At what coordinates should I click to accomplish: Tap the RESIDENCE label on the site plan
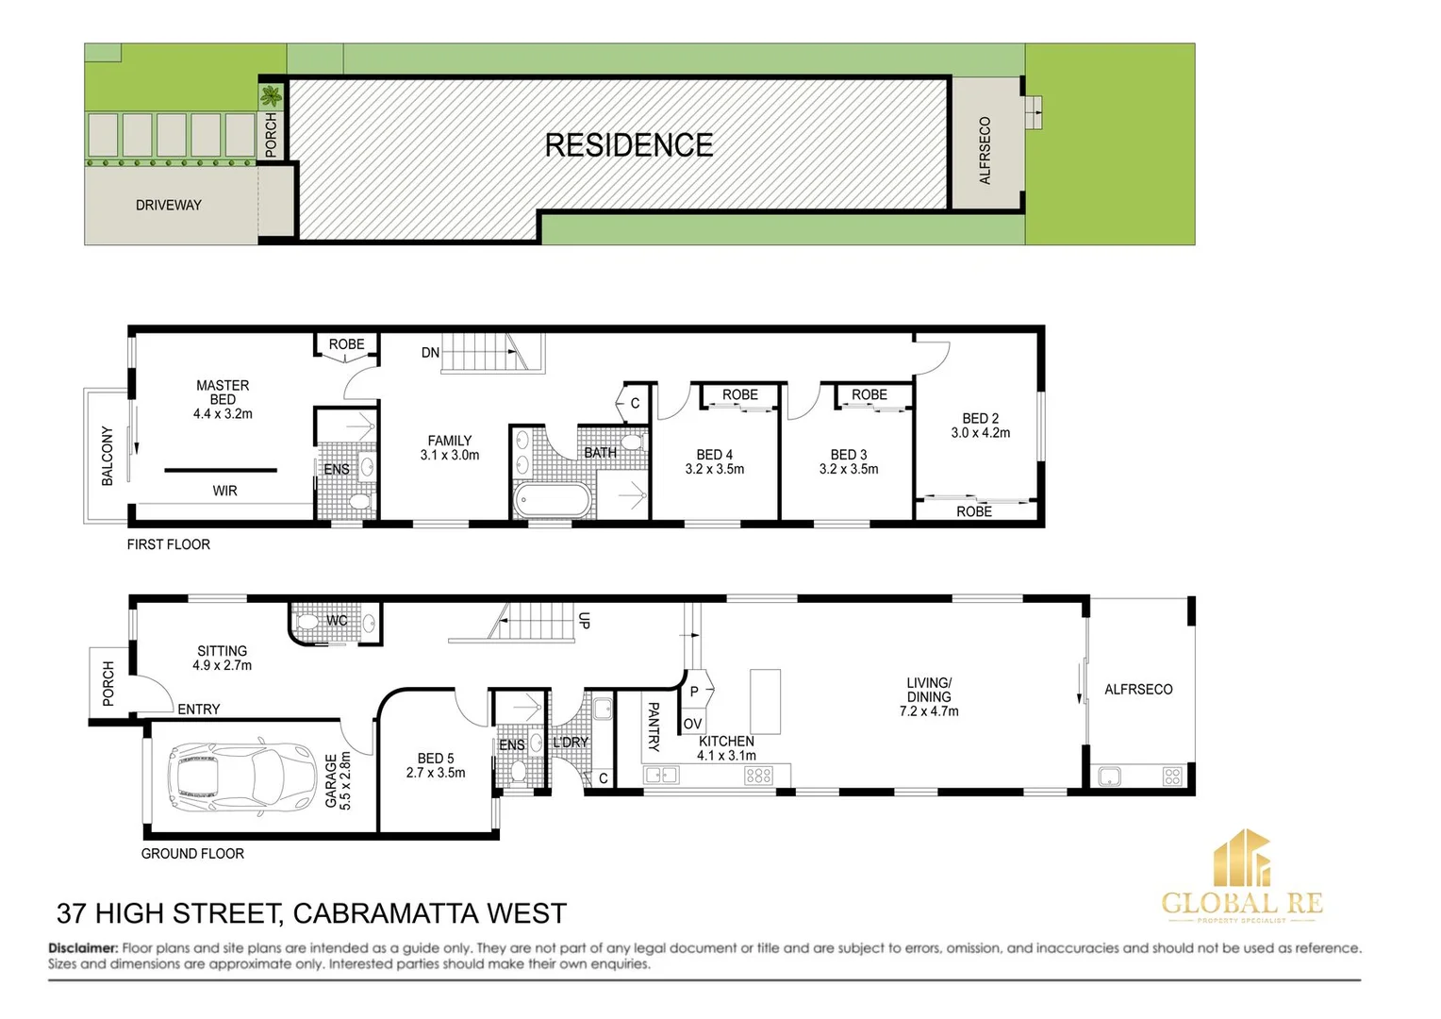[x=629, y=145]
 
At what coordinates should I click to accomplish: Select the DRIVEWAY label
[x=169, y=205]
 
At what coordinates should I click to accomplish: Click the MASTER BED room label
[x=223, y=393]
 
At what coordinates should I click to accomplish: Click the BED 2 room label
[x=980, y=418]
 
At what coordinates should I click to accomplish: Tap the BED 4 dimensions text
[x=715, y=469]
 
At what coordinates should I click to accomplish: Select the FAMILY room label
[x=450, y=441]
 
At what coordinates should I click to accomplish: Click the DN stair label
[x=430, y=353]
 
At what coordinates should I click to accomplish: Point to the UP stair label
[x=584, y=620]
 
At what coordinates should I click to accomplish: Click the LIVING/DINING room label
[x=929, y=690]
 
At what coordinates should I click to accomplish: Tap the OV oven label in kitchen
[x=693, y=724]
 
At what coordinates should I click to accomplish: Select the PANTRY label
[x=653, y=727]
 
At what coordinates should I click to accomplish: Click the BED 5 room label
[x=436, y=758]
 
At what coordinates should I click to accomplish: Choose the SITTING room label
[x=223, y=651]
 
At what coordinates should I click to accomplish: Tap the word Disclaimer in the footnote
[x=83, y=947]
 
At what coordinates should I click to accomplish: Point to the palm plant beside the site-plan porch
[x=272, y=95]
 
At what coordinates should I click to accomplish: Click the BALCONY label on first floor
[x=107, y=456]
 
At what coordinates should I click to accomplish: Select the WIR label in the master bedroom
[x=224, y=491]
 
